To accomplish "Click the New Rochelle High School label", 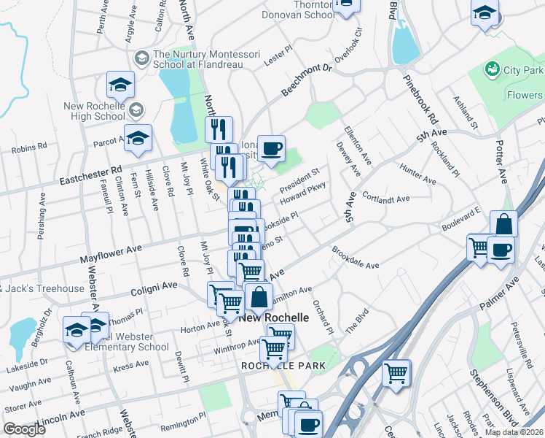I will coord(95,111).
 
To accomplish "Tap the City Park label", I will coord(523,71).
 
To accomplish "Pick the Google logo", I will coord(25,429).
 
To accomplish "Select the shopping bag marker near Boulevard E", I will coord(503,225).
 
